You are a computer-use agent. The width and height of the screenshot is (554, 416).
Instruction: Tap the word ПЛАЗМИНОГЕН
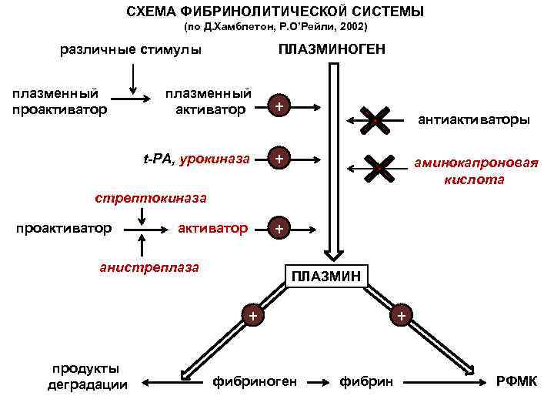click(x=333, y=50)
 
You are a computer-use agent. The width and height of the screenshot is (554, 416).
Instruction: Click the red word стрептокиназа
click(x=151, y=198)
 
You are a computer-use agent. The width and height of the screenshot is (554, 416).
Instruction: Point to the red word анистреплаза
click(x=149, y=267)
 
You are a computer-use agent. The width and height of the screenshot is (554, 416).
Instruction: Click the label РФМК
click(x=517, y=382)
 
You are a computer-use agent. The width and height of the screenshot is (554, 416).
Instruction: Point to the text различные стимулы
click(x=131, y=50)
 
